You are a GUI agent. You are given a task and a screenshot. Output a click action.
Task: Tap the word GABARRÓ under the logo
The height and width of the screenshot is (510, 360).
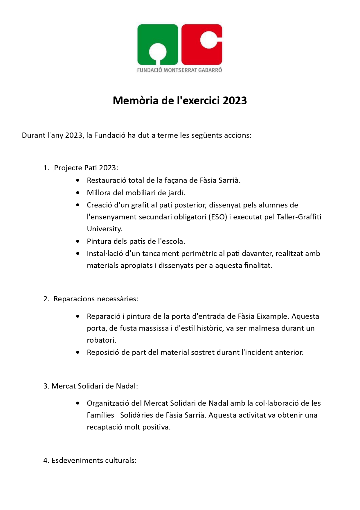[x=210, y=70]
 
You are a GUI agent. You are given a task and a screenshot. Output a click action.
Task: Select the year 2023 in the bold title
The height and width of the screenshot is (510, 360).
[x=235, y=101]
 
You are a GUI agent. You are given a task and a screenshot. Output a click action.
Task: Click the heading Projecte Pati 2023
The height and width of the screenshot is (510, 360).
[x=86, y=168]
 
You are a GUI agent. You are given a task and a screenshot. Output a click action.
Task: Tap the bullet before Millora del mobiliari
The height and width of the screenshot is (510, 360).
[x=78, y=193]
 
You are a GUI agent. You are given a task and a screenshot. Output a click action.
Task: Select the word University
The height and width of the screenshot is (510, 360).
[x=105, y=229]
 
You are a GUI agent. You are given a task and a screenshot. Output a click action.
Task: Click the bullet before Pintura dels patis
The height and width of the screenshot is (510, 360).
[x=78, y=241]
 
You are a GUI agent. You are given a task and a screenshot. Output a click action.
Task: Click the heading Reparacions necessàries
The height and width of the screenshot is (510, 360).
[x=96, y=299]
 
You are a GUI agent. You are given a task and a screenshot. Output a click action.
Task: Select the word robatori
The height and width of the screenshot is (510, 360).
[x=101, y=340]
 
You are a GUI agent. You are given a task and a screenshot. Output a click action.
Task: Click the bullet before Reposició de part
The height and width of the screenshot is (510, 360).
[x=78, y=352]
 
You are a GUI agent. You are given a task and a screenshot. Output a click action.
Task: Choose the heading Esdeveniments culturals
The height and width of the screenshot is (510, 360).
[x=94, y=461]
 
